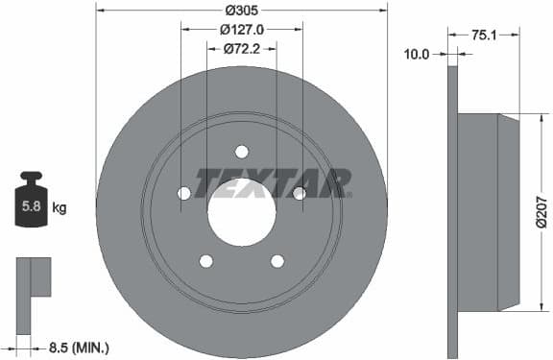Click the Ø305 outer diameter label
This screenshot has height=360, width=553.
(x=241, y=11)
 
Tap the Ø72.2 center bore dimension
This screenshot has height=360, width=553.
(x=242, y=48)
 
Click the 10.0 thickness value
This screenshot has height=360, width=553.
(x=417, y=55)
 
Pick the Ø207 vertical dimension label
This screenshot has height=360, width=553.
(x=541, y=211)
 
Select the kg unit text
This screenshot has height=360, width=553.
(x=60, y=206)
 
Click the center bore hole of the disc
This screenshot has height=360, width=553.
(x=241, y=210)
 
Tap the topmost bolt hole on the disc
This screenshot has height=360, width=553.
(x=241, y=151)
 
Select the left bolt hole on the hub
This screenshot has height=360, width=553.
(x=183, y=193)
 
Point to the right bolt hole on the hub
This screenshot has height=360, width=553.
(x=299, y=193)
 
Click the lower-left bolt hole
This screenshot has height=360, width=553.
(x=205, y=260)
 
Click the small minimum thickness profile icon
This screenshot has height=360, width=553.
(x=33, y=288)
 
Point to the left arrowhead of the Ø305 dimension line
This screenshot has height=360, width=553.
(x=100, y=11)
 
